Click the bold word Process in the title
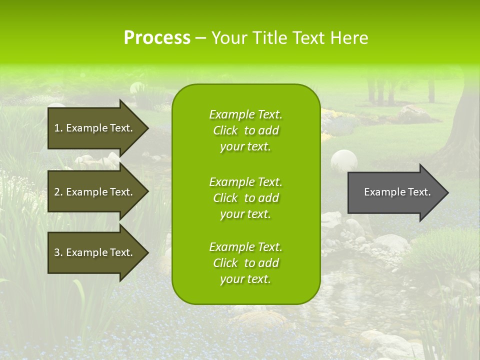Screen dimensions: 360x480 click(x=157, y=38)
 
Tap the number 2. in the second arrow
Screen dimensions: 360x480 click(x=58, y=192)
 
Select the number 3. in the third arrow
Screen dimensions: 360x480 click(x=58, y=252)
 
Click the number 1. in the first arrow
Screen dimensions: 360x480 click(x=58, y=128)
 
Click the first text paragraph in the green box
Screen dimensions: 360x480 click(x=245, y=130)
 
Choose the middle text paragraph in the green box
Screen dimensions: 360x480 click(x=245, y=198)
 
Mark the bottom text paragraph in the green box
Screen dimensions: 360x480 click(x=245, y=263)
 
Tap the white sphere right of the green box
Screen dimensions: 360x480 click(x=344, y=161)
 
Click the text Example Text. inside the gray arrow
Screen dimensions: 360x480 click(x=397, y=192)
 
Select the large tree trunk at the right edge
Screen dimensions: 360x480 click(x=462, y=125)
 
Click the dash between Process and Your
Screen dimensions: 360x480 click(x=200, y=38)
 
